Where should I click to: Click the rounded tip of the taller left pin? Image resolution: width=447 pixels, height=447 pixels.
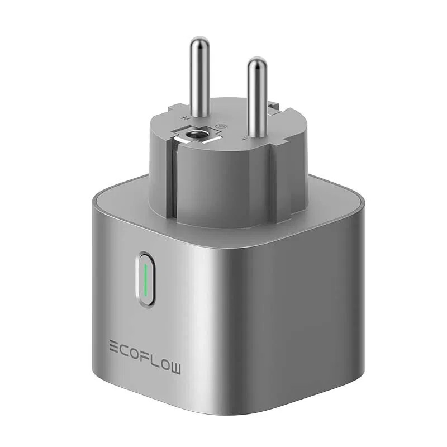point(199,41)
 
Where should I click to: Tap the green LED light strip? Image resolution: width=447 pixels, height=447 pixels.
point(145,279)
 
